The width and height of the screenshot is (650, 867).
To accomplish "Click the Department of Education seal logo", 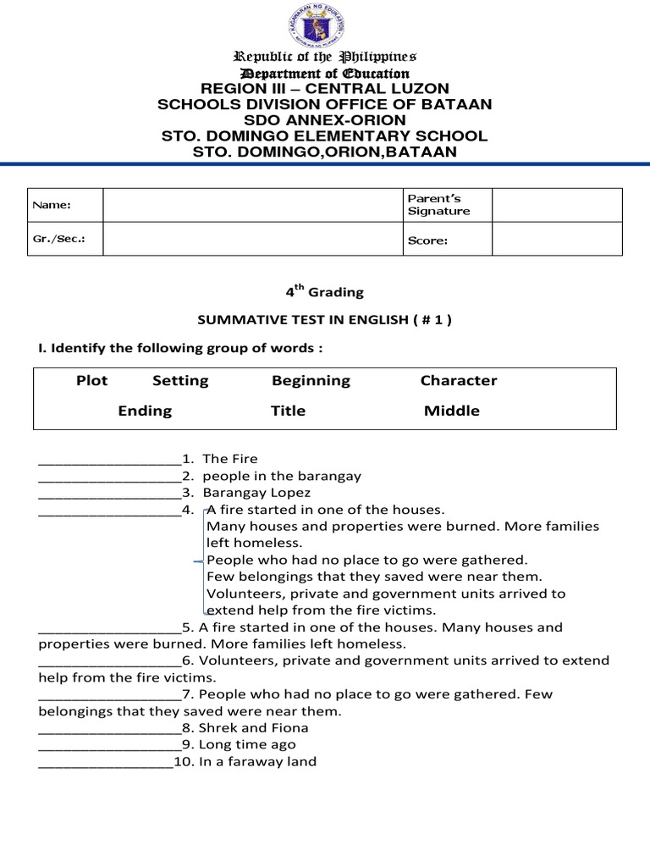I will [x=325, y=25].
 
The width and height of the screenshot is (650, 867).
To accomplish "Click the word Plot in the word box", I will [x=91, y=380].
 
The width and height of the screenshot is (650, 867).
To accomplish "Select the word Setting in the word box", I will [x=180, y=380].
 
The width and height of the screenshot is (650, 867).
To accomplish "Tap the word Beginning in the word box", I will [x=311, y=380].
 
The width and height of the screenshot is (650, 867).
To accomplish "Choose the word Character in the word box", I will [x=459, y=380].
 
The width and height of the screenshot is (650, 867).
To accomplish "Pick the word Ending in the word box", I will [x=145, y=411].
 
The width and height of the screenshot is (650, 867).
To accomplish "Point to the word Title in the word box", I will [x=288, y=411].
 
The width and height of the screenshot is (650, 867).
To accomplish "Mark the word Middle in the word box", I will [x=451, y=411].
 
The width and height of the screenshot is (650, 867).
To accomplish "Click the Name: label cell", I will [x=65, y=205].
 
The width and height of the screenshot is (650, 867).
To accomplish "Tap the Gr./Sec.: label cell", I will [x=65, y=239].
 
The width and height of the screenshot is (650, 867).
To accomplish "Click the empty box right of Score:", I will [x=557, y=240].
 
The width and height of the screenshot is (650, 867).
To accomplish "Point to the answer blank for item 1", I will [x=109, y=460].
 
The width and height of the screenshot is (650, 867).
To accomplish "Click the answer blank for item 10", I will [x=106, y=763].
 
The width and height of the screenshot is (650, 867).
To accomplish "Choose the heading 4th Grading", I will [x=324, y=291].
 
